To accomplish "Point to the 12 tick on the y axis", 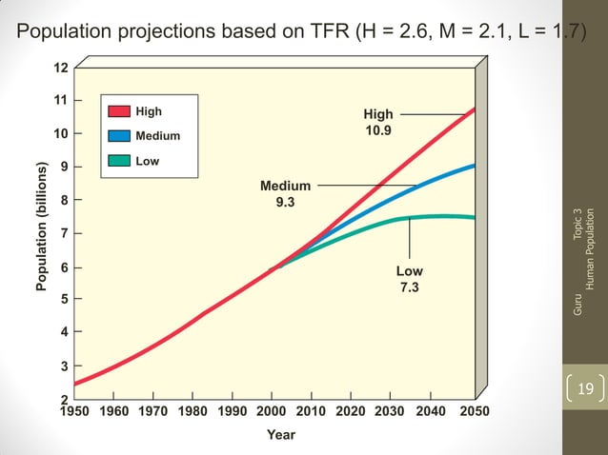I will pos(59,69).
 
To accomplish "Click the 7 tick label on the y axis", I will pos(63,233).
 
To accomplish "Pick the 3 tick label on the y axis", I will pos(63,366).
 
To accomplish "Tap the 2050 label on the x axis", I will pos(474,412).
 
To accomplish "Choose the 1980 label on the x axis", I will pos(193,412).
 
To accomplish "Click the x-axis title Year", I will pos(280,435).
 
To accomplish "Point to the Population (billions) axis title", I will pos(42,227).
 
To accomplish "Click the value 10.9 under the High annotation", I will pos(378,130).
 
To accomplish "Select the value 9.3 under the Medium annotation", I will pos(285,202).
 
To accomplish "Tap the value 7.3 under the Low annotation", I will pos(409,287).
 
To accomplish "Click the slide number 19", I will pos(584,388).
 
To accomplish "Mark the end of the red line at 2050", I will pos(475,109).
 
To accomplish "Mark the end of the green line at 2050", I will pos(475,218).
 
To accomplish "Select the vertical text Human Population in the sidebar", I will pos(590,248).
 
